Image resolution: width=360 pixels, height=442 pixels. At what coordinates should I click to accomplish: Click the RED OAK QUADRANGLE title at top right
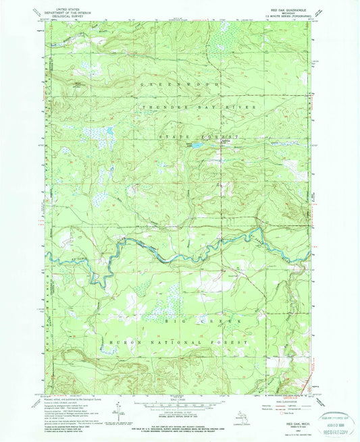pyautogui.click(x=292, y=9)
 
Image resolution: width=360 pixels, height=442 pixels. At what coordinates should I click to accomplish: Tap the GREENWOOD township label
pyautogui.click(x=179, y=85)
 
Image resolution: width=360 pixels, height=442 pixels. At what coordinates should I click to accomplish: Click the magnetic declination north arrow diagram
pyautogui.click(x=120, y=405)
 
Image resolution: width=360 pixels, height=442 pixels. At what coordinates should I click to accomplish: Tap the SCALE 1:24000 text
pyautogui.click(x=179, y=394)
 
